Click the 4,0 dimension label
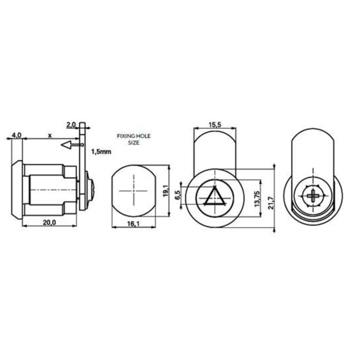click(x=15, y=135)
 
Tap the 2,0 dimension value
click(x=71, y=124)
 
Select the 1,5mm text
click(x=101, y=152)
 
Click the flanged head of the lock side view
click(x=17, y=190)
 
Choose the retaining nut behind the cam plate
click(x=90, y=190)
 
